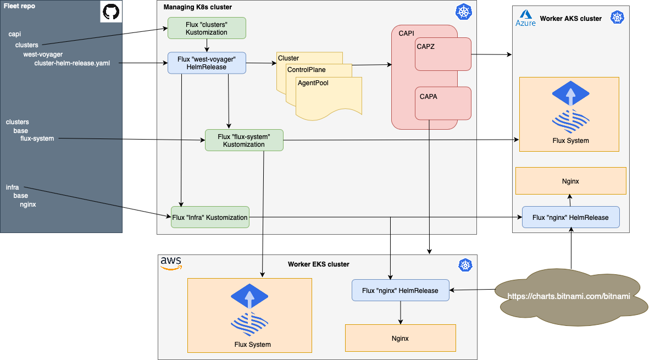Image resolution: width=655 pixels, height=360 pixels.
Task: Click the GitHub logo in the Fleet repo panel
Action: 110,12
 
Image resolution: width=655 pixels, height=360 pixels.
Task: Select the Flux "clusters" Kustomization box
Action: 207,28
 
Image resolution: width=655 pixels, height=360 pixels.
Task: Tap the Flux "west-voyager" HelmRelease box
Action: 207,63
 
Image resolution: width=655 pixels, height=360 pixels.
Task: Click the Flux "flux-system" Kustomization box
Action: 244,140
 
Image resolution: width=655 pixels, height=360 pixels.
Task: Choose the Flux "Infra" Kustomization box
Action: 210,218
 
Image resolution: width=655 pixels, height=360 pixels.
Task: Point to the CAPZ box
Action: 443,54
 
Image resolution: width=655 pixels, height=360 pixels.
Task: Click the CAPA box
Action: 443,103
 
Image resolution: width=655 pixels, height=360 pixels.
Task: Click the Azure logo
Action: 525,18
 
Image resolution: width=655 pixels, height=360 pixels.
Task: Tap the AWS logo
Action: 171,263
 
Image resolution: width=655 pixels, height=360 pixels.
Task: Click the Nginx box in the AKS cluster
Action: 570,181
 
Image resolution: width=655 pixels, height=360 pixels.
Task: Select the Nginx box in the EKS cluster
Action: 400,338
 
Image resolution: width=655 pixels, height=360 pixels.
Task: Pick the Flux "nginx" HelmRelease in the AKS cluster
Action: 570,218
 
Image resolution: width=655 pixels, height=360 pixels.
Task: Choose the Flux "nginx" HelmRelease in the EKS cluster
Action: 400,290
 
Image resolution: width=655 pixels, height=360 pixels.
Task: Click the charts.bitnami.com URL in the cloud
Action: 568,296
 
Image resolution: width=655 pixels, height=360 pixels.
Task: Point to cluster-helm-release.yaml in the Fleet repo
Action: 72,63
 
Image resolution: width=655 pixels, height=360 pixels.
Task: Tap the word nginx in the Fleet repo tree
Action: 28,204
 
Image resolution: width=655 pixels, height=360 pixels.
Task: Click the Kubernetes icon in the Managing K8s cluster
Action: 463,12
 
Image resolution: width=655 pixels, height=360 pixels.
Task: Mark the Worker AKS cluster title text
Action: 570,19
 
